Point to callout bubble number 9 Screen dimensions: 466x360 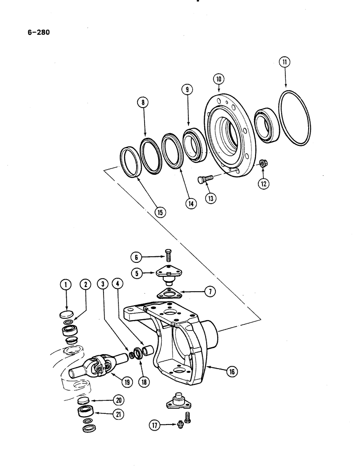coord(187,90)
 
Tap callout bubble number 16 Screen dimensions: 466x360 coord(231,371)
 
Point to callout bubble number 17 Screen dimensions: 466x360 coord(154,425)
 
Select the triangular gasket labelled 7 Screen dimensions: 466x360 coord(168,293)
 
